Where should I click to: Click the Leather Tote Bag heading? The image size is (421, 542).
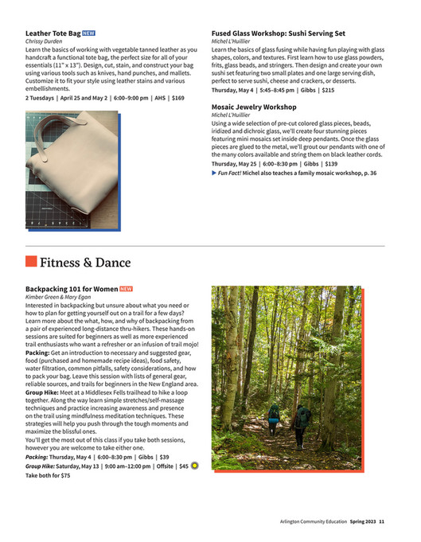coord(53,34)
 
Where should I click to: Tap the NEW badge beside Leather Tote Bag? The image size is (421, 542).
coord(89,34)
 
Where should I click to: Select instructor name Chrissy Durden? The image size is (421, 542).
coord(45,42)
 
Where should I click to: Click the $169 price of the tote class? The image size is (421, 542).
coord(177,98)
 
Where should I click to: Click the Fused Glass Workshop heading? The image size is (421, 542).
coord(279,34)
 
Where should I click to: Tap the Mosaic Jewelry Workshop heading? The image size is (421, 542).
coord(254,107)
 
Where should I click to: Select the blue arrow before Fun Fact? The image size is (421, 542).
coord(214,173)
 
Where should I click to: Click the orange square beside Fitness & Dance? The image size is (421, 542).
coord(31,262)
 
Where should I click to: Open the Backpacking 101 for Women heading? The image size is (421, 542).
coord(72,288)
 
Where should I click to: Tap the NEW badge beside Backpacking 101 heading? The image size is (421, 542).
coord(126,288)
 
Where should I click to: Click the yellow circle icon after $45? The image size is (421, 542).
coord(195,466)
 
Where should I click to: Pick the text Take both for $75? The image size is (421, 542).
coord(48,475)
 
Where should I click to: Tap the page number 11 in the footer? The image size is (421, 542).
coord(382,522)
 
